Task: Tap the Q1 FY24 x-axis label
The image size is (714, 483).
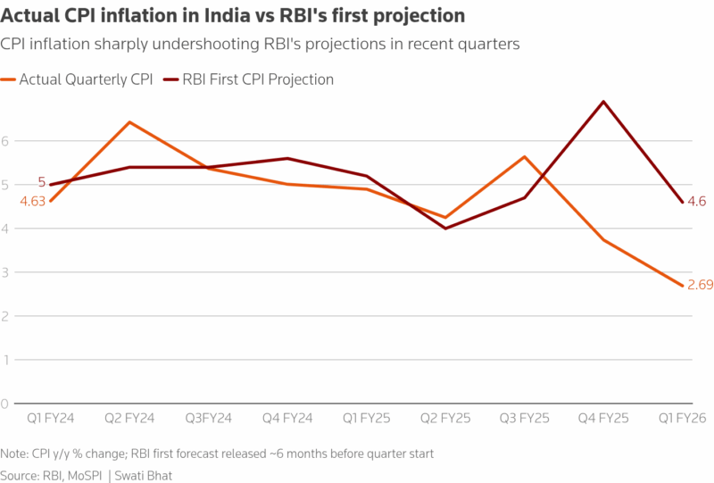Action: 51,418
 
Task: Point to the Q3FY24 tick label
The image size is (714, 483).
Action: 209,418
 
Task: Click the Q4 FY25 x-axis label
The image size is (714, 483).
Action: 603,418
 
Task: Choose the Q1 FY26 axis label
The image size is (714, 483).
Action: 683,418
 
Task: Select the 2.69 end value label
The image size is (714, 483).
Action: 700,286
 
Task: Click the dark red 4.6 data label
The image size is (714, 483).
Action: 696,202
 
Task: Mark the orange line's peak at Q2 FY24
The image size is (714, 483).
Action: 130,122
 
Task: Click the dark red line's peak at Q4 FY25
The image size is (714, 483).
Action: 604,102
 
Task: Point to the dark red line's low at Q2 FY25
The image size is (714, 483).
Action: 446,229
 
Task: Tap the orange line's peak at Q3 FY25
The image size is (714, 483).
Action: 525,156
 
